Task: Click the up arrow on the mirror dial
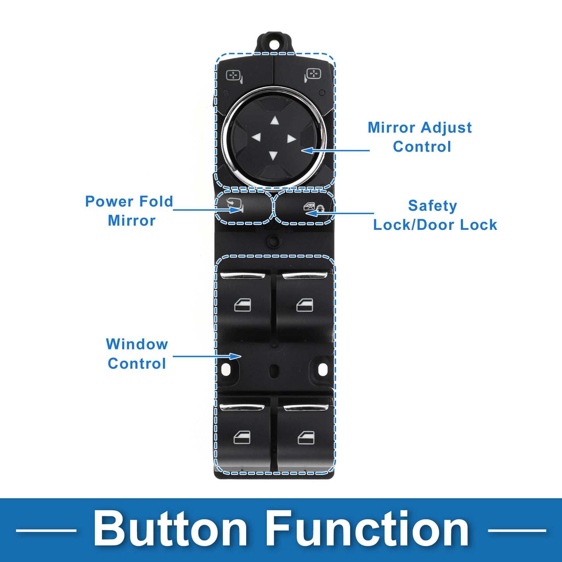click(x=275, y=121)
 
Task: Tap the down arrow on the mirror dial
click(x=273, y=156)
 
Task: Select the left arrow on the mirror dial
click(x=256, y=137)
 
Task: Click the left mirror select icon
click(x=234, y=76)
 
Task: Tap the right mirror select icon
click(x=312, y=75)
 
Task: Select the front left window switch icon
click(x=243, y=305)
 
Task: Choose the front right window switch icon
click(x=305, y=305)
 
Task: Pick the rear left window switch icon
click(x=242, y=438)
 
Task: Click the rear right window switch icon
click(x=306, y=438)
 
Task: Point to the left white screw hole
click(x=226, y=369)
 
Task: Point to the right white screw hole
click(x=323, y=369)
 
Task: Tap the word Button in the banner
click(x=170, y=530)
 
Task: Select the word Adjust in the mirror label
click(x=446, y=128)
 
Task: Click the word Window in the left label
click(x=137, y=344)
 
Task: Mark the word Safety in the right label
click(x=432, y=206)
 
